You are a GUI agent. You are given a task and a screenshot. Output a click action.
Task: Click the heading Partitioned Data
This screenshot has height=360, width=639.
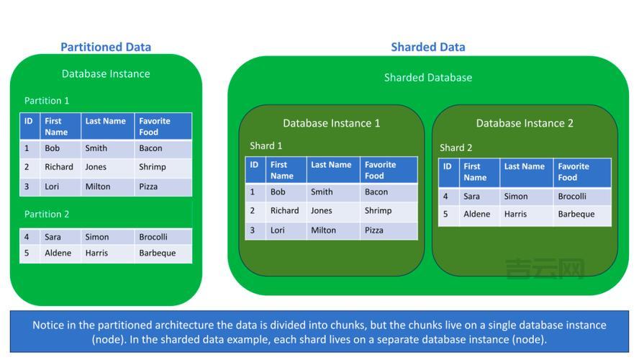[x=106, y=48]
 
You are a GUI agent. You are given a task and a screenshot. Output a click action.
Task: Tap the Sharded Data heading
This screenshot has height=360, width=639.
[x=428, y=48]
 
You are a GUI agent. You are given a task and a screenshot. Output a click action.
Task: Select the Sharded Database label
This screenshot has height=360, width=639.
[x=428, y=78]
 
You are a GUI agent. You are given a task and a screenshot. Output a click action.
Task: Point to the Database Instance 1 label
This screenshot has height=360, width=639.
[x=332, y=123]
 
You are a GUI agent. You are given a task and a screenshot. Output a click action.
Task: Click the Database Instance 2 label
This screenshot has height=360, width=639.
[x=525, y=123]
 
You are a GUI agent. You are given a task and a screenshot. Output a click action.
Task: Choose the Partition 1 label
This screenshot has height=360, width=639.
[x=47, y=101]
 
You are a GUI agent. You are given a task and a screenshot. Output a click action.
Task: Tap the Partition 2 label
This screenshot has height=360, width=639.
[x=47, y=215]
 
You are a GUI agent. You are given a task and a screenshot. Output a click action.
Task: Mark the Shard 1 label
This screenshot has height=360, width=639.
[x=266, y=146]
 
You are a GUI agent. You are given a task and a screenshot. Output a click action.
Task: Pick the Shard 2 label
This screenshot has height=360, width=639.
[x=456, y=148]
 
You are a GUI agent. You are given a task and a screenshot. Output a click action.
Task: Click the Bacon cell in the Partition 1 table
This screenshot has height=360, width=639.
[x=150, y=148]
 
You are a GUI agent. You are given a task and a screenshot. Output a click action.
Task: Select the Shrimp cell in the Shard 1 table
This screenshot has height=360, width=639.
[x=378, y=211]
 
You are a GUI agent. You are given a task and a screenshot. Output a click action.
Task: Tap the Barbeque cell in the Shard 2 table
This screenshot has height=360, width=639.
[x=576, y=215]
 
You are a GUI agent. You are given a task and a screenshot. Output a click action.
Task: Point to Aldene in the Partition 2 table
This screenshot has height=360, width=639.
[x=58, y=253]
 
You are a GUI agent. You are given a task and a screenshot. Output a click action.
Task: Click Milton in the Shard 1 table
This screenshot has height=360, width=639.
[x=323, y=230]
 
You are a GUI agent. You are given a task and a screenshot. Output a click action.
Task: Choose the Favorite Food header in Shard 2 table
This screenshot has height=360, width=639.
[x=573, y=172]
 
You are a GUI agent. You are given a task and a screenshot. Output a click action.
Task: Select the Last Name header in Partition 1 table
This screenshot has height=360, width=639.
[x=105, y=122]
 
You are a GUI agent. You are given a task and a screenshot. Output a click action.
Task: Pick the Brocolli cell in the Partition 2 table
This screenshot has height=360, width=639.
[x=153, y=237]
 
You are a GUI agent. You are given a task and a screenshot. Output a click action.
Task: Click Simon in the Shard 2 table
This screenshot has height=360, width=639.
[x=515, y=197]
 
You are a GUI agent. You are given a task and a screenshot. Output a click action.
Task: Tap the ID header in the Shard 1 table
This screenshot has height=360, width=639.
[x=254, y=166]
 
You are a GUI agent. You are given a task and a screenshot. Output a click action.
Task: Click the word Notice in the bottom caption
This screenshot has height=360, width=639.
[x=49, y=325]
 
